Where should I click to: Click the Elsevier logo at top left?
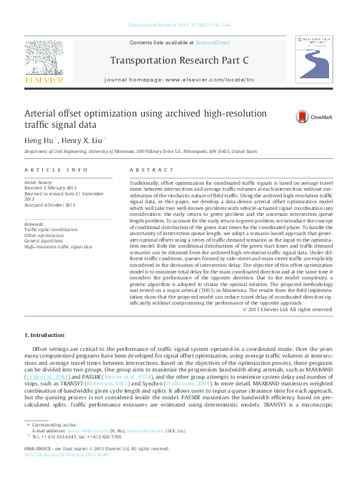tap(45, 64)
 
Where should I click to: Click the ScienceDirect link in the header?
tap(212, 42)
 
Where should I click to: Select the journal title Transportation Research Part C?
tap(179, 61)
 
